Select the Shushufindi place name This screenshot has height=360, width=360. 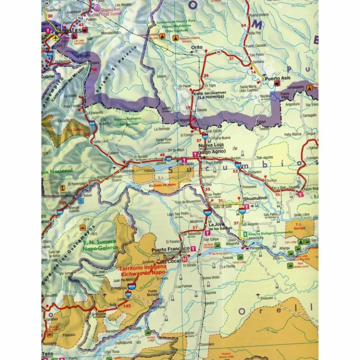[254, 199]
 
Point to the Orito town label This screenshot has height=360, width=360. [197, 47]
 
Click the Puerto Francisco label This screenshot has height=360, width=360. [170, 249]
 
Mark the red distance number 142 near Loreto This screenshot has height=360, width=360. [127, 306]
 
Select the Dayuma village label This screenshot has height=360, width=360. [210, 292]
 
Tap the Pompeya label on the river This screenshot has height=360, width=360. [256, 248]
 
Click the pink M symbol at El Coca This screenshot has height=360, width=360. [185, 259]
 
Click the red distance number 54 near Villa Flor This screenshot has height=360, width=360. [244, 25]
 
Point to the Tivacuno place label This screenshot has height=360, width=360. [267, 298]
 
